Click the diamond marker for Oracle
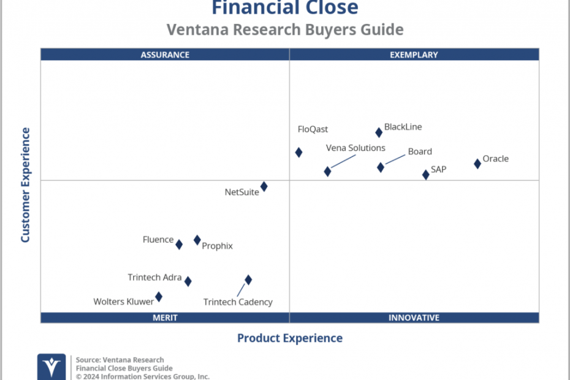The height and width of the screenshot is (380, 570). [x=477, y=164]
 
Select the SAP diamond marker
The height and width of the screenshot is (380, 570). [x=426, y=175]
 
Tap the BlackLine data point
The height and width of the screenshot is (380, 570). [x=379, y=132]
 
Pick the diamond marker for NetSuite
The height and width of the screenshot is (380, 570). [x=264, y=186]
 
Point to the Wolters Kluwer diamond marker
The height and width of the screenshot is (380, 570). [x=159, y=297]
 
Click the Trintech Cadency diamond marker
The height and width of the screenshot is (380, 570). [x=248, y=279]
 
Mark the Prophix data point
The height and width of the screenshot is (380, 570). [x=197, y=240]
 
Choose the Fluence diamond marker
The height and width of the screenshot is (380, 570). [x=179, y=245]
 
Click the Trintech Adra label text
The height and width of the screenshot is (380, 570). [x=154, y=277]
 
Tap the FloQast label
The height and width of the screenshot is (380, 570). [x=313, y=129]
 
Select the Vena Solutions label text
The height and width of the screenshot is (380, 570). [x=355, y=148]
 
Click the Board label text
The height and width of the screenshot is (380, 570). [x=420, y=151]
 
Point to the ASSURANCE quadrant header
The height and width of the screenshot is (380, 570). [x=165, y=55]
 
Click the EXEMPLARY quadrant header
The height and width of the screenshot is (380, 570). [x=414, y=55]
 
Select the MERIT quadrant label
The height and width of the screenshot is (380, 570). [x=165, y=318]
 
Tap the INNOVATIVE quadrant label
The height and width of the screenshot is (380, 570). [x=414, y=318]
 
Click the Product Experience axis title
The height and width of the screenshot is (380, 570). [x=290, y=338]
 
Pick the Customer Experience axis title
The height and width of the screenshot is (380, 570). [x=25, y=184]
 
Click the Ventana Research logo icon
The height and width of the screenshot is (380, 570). [x=51, y=367]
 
